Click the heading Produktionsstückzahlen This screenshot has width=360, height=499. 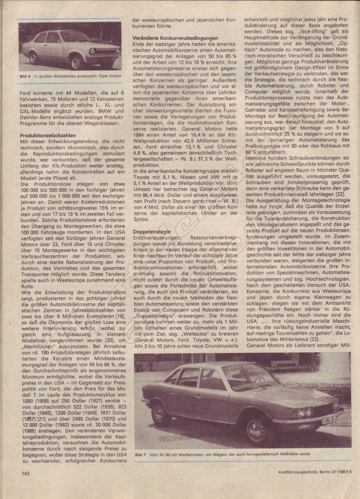point(48,136)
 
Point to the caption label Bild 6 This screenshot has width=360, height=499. point(24,76)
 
